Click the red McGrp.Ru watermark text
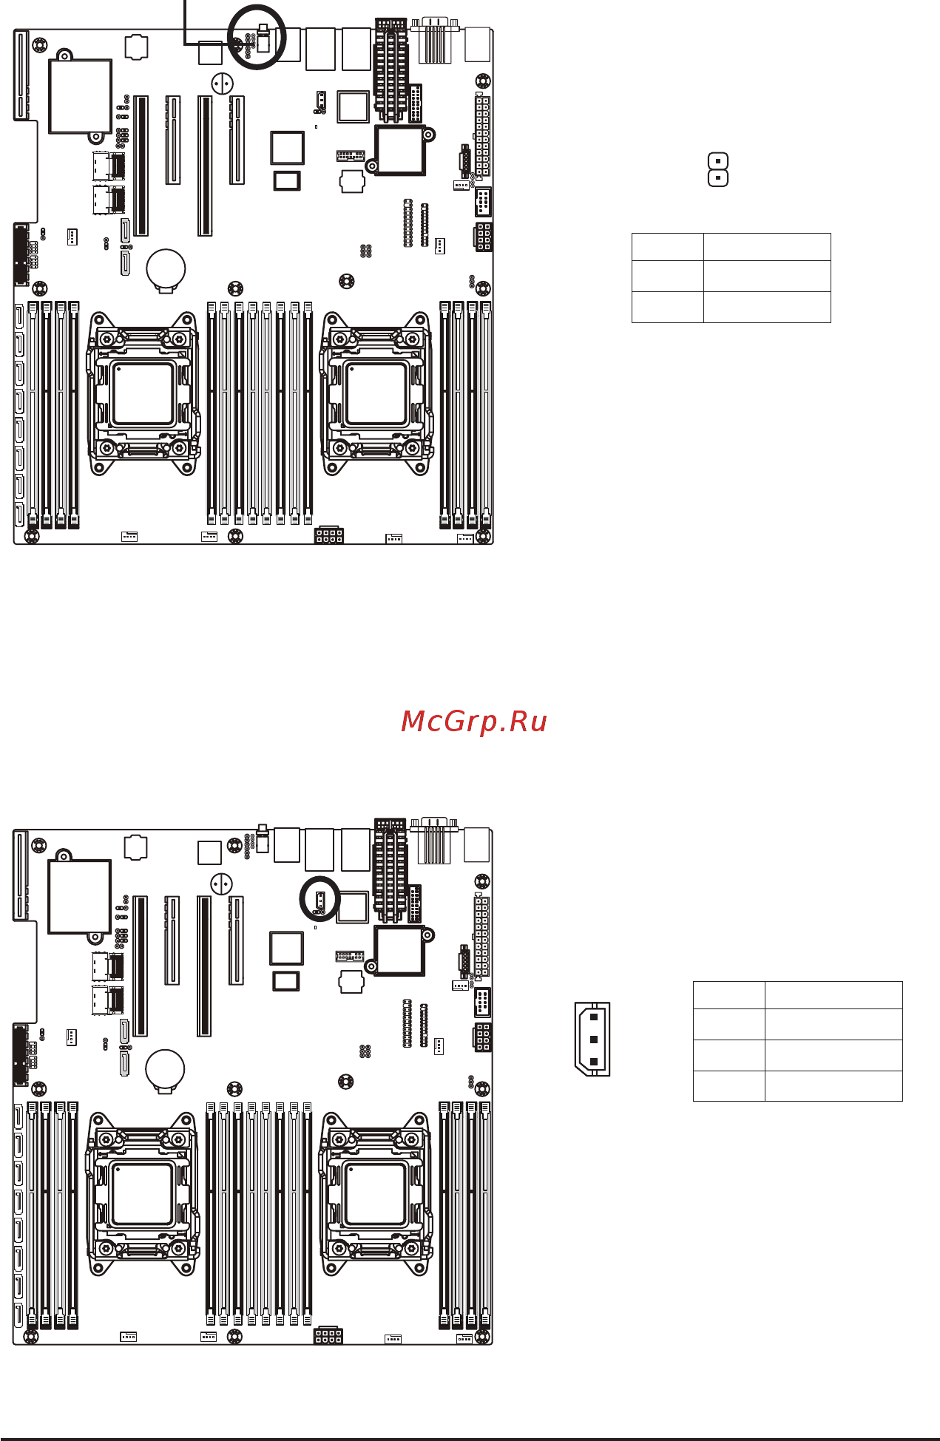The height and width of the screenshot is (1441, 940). point(473,721)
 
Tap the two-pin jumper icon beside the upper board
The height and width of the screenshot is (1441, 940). point(718,169)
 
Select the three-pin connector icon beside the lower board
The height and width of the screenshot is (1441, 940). point(592,1039)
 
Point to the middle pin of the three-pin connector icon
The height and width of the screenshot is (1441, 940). point(593,1040)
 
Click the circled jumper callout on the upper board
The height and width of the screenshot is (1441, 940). point(257,37)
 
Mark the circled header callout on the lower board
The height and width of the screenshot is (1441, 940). point(319,899)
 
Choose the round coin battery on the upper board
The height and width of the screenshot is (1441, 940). point(166,268)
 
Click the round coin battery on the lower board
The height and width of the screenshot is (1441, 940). point(165,1068)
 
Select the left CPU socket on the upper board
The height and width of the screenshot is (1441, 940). point(143,394)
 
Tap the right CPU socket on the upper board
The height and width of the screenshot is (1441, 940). point(376,394)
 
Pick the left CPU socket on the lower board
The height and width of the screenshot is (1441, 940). point(142,1194)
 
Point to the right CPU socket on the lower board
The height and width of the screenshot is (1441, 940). point(375,1194)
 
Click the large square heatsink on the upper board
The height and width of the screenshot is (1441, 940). point(80,96)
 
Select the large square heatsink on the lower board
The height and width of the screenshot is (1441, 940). point(79,896)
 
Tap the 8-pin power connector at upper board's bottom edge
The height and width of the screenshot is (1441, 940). point(329,535)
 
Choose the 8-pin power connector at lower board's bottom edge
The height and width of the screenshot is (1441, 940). point(328,1335)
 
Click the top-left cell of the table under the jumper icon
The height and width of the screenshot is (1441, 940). point(667,247)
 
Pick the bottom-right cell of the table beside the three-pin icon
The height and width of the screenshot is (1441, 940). point(834,1086)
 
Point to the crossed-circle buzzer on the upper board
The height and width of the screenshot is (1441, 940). point(222,83)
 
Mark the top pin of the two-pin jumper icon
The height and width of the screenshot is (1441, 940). point(718,160)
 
